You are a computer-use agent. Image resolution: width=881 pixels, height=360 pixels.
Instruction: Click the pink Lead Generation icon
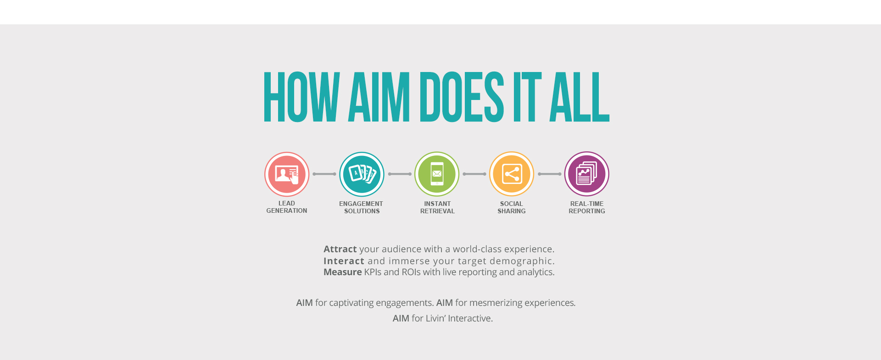pos(287,174)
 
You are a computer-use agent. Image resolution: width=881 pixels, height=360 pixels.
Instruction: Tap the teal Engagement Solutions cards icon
pos(362,174)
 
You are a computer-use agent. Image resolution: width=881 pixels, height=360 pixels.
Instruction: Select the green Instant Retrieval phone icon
pos(437,174)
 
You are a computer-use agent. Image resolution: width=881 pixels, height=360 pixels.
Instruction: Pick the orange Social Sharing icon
pos(512,174)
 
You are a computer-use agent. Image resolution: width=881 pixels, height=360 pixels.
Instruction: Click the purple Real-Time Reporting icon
pos(587,174)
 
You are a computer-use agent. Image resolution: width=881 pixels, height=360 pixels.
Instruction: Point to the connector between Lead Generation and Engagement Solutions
pos(324,174)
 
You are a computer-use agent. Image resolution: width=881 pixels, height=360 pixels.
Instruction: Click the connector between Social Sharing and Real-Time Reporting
pos(549,174)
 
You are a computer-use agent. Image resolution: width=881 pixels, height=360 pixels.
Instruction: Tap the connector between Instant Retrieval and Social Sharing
pos(474,174)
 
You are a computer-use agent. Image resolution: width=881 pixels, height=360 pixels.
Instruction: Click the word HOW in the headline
pos(301,97)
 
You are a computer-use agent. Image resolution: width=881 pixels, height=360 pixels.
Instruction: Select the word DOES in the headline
pos(462,97)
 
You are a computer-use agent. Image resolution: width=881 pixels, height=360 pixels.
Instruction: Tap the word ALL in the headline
pos(580,97)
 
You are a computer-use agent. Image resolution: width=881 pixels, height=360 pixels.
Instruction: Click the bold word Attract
pos(340,249)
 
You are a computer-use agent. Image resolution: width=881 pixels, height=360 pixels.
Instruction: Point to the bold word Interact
pos(344,261)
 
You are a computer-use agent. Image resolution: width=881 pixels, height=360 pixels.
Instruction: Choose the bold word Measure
pos(343,272)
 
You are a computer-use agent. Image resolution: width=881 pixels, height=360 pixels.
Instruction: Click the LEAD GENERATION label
pos(287,207)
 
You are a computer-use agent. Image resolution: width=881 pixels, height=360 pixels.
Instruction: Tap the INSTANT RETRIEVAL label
pos(437,207)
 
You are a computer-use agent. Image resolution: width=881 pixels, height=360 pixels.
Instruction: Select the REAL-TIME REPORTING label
pos(587,207)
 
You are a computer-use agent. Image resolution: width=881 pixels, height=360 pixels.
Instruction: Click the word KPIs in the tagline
pos(373,272)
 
